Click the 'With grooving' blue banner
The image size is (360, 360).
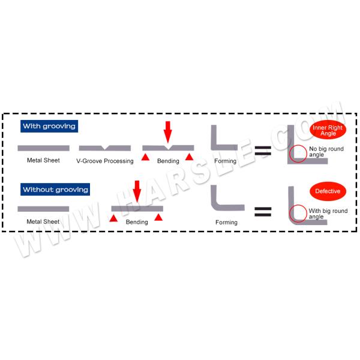tap(49, 127)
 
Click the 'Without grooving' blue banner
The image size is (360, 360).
tap(55, 190)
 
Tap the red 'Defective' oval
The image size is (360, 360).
tap(328, 192)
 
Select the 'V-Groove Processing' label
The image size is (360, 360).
tap(105, 161)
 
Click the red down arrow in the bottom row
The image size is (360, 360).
tap(136, 192)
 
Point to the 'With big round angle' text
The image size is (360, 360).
tap(328, 214)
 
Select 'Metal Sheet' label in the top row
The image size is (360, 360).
tap(43, 160)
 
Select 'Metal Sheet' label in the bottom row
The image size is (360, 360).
tap(43, 221)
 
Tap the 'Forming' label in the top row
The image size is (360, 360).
tap(226, 160)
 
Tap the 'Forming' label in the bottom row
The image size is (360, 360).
tap(226, 222)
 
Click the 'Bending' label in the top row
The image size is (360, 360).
tap(168, 161)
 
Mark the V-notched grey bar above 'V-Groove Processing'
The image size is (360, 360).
tap(105, 148)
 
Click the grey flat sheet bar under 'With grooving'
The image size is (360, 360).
tap(43, 148)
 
